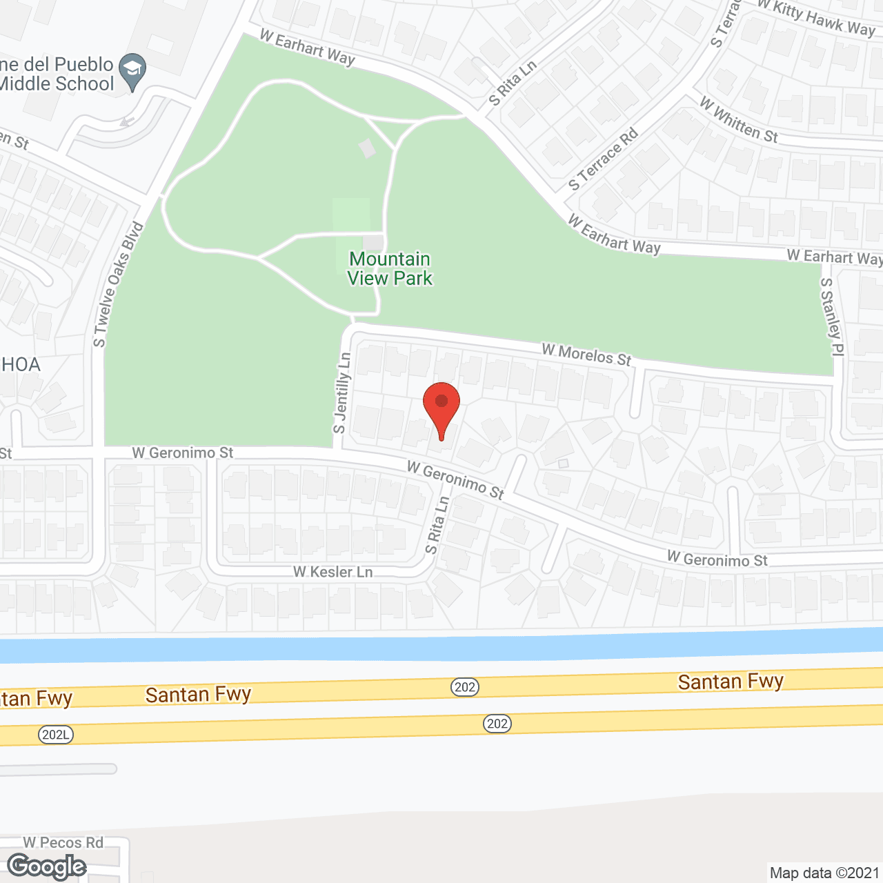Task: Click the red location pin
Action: (x=441, y=407)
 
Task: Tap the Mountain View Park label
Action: (x=390, y=268)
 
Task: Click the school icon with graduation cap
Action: (x=132, y=70)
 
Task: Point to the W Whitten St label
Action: (x=739, y=121)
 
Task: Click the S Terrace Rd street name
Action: (x=603, y=160)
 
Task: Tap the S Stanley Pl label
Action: (x=832, y=317)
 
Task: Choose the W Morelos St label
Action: (x=586, y=355)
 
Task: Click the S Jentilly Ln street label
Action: (x=343, y=393)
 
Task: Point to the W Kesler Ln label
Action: (x=333, y=572)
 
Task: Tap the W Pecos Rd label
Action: (x=63, y=842)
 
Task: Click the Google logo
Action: (x=47, y=866)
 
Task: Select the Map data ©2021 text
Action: (x=824, y=873)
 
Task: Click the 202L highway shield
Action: (x=55, y=735)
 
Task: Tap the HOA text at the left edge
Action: (x=21, y=364)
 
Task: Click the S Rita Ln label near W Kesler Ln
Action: (x=437, y=525)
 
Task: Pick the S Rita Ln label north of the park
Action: (x=512, y=84)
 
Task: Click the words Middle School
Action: (x=57, y=84)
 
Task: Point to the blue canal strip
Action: (x=441, y=648)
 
